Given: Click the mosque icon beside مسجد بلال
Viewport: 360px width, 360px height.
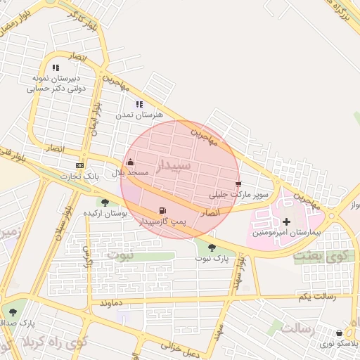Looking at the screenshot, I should [130, 162].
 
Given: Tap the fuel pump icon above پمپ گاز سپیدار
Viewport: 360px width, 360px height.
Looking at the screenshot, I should [163, 210].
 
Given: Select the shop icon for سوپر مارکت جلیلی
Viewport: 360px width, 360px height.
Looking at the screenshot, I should [238, 184].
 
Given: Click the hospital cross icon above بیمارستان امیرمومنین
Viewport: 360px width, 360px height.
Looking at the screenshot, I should [286, 221].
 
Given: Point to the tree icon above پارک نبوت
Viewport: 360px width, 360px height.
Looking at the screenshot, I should [212, 247].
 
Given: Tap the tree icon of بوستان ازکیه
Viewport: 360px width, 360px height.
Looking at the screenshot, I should [105, 202].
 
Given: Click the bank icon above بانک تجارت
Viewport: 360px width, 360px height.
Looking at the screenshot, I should [79, 166].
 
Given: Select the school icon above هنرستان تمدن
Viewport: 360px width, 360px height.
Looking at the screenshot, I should [139, 104].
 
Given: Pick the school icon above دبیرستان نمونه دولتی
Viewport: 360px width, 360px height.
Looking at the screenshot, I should [56, 68].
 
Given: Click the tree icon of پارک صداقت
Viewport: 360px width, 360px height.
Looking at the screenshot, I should [13, 311].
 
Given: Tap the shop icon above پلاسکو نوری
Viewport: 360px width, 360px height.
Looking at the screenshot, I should [340, 333].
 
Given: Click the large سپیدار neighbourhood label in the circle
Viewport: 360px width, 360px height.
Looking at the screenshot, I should [172, 165].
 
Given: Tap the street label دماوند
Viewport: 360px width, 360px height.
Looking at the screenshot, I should [112, 302].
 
